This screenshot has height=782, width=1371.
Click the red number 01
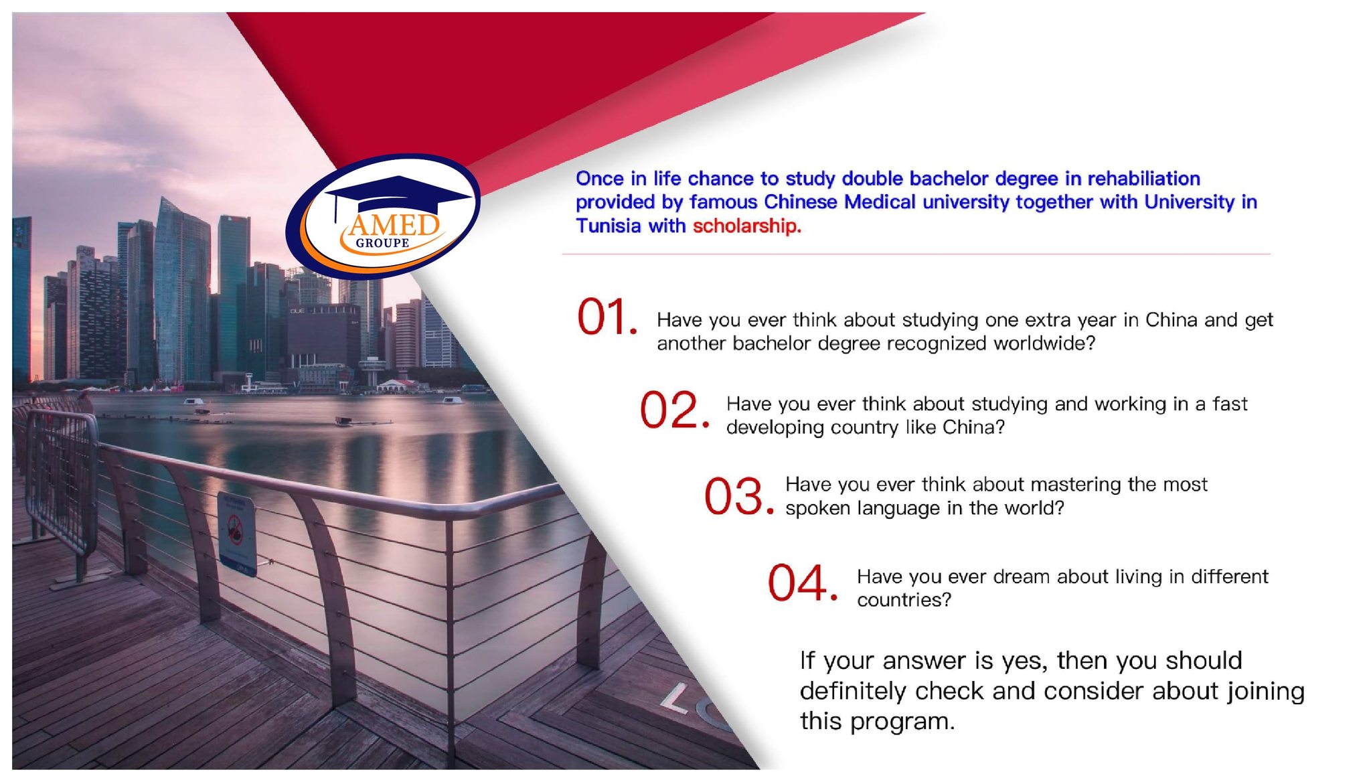pyautogui.click(x=607, y=317)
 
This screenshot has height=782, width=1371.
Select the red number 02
pyautogui.click(x=673, y=410)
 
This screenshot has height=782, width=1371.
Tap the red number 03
pyautogui.click(x=738, y=497)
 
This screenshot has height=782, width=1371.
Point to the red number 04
pyautogui.click(x=802, y=582)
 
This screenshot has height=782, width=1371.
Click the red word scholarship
pyautogui.click(x=746, y=226)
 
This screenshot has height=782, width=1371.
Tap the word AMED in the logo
pyautogui.click(x=394, y=225)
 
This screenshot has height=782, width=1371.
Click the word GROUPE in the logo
pyautogui.click(x=382, y=243)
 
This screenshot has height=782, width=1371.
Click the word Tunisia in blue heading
pyautogui.click(x=609, y=226)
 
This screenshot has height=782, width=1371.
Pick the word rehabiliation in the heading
pyautogui.click(x=1143, y=179)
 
